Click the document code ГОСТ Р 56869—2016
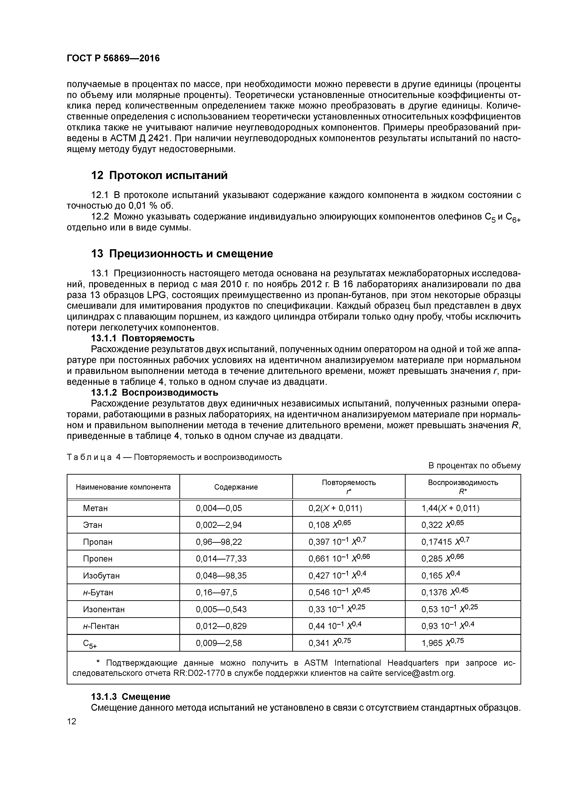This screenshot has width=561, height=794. [113, 58]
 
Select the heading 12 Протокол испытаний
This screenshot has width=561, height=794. [159, 175]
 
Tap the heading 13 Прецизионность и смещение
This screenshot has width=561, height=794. [182, 254]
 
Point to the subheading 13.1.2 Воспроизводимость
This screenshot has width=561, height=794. [155, 392]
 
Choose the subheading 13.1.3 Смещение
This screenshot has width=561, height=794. [131, 696]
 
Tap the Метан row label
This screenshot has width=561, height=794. [95, 508]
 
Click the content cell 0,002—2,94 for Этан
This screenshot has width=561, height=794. [219, 525]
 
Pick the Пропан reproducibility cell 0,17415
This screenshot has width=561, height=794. [445, 542]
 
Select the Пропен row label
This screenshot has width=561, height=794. [97, 559]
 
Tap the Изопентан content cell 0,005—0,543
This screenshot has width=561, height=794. [221, 609]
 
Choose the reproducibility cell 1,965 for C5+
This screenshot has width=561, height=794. [442, 643]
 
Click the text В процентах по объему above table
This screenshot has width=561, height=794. [474, 466]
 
